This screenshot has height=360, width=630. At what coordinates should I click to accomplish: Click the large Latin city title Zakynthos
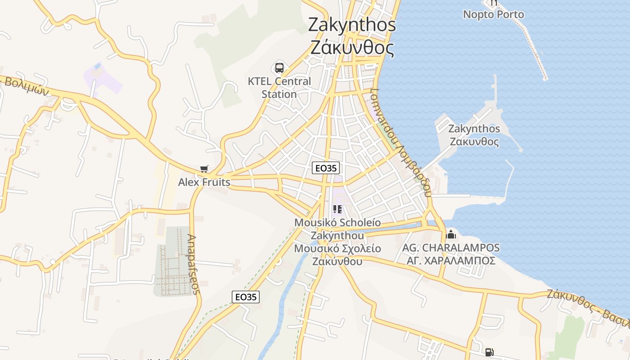click(x=352, y=25)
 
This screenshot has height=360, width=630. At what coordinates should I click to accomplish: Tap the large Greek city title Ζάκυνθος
click(x=352, y=47)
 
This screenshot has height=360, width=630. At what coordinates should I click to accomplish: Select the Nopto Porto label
click(x=494, y=14)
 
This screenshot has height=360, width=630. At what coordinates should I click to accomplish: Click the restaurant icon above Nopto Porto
click(x=494, y=3)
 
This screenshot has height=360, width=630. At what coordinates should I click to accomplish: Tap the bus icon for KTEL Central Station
click(x=279, y=68)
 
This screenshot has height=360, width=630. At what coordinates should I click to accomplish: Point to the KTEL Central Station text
click(x=279, y=88)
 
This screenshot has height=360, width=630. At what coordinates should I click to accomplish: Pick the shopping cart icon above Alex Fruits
click(x=204, y=169)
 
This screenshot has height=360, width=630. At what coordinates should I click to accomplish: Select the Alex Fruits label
click(x=204, y=182)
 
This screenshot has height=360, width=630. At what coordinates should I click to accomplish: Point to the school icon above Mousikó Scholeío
click(x=337, y=209)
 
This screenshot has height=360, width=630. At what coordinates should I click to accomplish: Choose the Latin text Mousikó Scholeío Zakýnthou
click(x=337, y=229)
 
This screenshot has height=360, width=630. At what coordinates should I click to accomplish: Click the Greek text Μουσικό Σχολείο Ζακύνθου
click(x=337, y=255)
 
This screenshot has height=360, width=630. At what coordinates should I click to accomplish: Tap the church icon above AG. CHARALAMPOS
click(x=451, y=234)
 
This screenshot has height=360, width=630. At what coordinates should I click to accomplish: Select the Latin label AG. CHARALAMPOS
click(x=451, y=248)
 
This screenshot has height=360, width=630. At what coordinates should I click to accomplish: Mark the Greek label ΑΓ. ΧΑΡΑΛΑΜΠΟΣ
click(x=451, y=261)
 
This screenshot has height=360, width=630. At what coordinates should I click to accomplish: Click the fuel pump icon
click(x=490, y=352)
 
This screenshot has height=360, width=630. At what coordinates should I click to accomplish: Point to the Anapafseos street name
click(x=194, y=264)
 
